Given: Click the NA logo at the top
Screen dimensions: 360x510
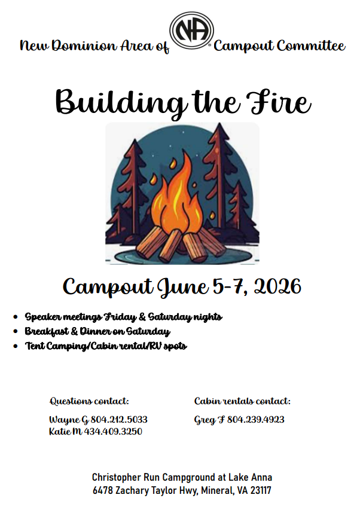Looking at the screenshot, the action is coord(191,31).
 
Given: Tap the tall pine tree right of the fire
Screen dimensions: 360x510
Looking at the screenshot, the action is coord(219,176).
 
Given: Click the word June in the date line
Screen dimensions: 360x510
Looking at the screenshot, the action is coord(183,288).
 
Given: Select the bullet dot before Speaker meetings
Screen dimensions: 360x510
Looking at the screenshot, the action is coord(16,316).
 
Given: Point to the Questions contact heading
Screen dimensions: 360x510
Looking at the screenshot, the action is coord(89,401).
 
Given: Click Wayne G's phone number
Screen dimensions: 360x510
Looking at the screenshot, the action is coord(119,419).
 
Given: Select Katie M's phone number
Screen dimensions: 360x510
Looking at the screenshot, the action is coord(113,431).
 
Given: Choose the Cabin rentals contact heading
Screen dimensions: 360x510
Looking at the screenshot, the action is coord(242,401).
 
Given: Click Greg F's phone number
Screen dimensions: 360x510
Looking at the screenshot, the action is coord(255,419).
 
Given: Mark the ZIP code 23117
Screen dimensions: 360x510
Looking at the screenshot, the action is coord(261,490).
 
